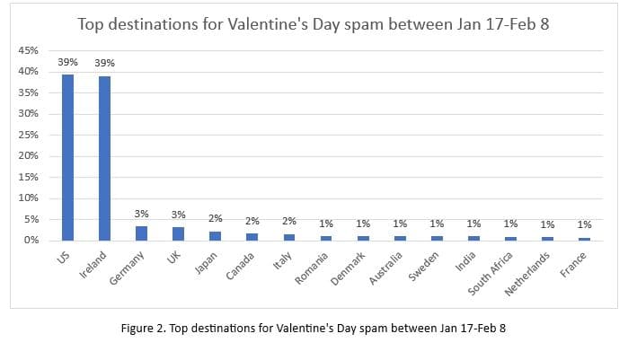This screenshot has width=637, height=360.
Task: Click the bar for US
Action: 67,157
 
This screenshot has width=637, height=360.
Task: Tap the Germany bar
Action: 141,233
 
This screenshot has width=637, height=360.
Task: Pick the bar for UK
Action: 178,233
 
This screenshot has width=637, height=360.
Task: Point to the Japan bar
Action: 215,236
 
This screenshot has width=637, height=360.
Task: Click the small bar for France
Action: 584,239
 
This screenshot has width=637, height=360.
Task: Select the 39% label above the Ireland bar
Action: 104,64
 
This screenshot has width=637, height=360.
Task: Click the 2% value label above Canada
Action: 252,221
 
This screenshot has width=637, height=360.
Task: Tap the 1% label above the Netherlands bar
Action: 547,224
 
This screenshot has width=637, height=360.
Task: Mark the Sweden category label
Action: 423,267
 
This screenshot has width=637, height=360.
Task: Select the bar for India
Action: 473,238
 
